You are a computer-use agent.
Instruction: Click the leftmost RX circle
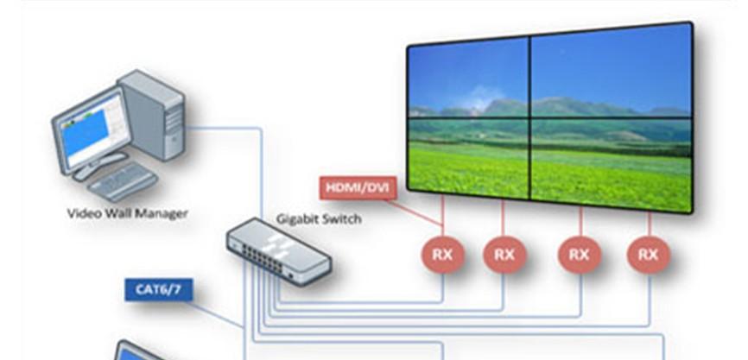click(443, 255)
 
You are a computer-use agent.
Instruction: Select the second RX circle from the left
click(504, 255)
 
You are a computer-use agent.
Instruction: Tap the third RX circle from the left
click(580, 255)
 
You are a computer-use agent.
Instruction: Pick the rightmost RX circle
click(648, 255)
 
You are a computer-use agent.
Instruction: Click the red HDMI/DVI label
click(357, 187)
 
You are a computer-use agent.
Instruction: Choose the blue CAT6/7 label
click(158, 288)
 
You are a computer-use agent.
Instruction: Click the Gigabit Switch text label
click(318, 218)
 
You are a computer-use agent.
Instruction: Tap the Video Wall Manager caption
click(127, 212)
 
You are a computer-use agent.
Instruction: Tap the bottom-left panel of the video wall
click(467, 155)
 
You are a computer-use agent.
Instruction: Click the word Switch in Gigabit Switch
click(342, 218)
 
